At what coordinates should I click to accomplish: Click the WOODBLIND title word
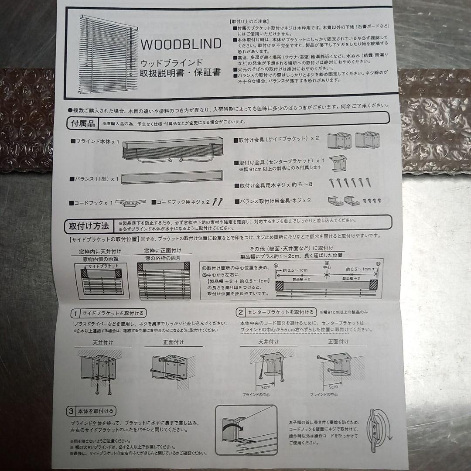[x=181, y=44]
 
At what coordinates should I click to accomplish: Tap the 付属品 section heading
[x=83, y=123]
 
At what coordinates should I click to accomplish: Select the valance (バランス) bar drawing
[x=172, y=178]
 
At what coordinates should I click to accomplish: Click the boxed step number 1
[x=75, y=313]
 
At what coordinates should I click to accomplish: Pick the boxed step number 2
[x=241, y=312]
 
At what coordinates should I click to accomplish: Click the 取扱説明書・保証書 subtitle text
[x=180, y=72]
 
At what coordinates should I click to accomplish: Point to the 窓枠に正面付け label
[x=163, y=251]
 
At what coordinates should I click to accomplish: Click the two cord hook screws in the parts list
[x=217, y=202]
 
